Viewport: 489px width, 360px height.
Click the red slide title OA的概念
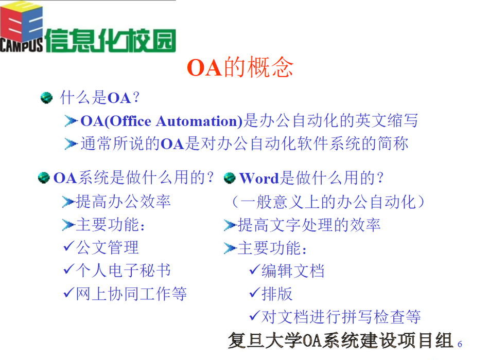[x=240, y=67]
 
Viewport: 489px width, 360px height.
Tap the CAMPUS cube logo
[x=22, y=27]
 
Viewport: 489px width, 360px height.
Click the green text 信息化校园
[x=111, y=41]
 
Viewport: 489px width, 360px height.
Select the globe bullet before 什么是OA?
[x=46, y=98]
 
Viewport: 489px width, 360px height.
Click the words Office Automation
[x=174, y=121]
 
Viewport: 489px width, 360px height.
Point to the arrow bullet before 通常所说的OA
[x=71, y=143]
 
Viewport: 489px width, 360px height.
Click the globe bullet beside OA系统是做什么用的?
[x=44, y=177]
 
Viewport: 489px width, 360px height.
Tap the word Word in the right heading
[x=259, y=178]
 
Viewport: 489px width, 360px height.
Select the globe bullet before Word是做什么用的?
[x=230, y=178]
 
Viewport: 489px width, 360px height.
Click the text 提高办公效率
[x=123, y=202]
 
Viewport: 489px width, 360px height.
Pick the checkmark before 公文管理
[x=68, y=246]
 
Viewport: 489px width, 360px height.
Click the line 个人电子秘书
[x=123, y=270]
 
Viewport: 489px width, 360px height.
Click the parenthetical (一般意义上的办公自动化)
[x=328, y=202]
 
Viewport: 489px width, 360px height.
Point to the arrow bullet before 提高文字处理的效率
[x=231, y=225]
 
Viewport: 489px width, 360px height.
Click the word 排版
[x=277, y=294]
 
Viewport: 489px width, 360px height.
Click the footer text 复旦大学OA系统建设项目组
[x=340, y=340]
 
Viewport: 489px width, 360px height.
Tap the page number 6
[x=460, y=345]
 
